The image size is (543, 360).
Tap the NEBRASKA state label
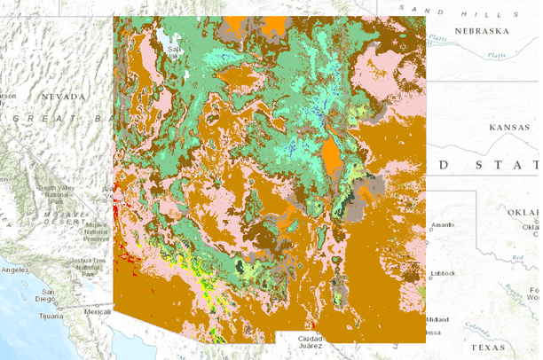pos(483,31)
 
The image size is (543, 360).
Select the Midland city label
pos(437,319)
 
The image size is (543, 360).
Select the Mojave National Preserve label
pos(95,231)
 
